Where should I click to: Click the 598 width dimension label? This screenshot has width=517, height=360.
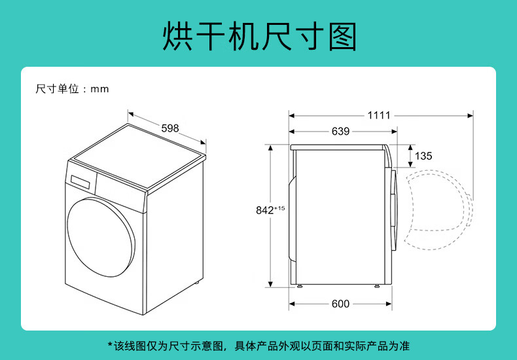pos(169,128)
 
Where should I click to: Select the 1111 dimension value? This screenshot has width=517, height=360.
pos(379,115)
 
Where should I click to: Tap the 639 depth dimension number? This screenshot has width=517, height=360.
pos(340,131)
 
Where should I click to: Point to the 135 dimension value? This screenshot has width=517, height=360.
pos(423,156)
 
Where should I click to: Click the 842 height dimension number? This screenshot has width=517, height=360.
pos(265,210)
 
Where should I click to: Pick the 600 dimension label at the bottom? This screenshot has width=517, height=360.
pos(340,304)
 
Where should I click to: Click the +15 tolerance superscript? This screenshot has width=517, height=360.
pos(279,208)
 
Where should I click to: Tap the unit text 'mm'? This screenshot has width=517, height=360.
pos(99,89)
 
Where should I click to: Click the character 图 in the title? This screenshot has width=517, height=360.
pos(342,36)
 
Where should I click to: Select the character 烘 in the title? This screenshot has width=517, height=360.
pos(177,36)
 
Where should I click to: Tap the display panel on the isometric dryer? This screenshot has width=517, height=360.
pos(80,182)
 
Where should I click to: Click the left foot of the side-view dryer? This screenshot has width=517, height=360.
pos(299,286)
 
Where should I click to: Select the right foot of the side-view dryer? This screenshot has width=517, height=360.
pos(377,286)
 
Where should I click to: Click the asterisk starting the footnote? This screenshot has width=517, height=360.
pos(110,344)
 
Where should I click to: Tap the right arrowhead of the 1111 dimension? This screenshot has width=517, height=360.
pos(470,116)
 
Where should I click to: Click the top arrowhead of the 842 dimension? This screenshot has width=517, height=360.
pos(270,148)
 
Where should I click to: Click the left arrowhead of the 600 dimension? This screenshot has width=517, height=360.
pos(292,304)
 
